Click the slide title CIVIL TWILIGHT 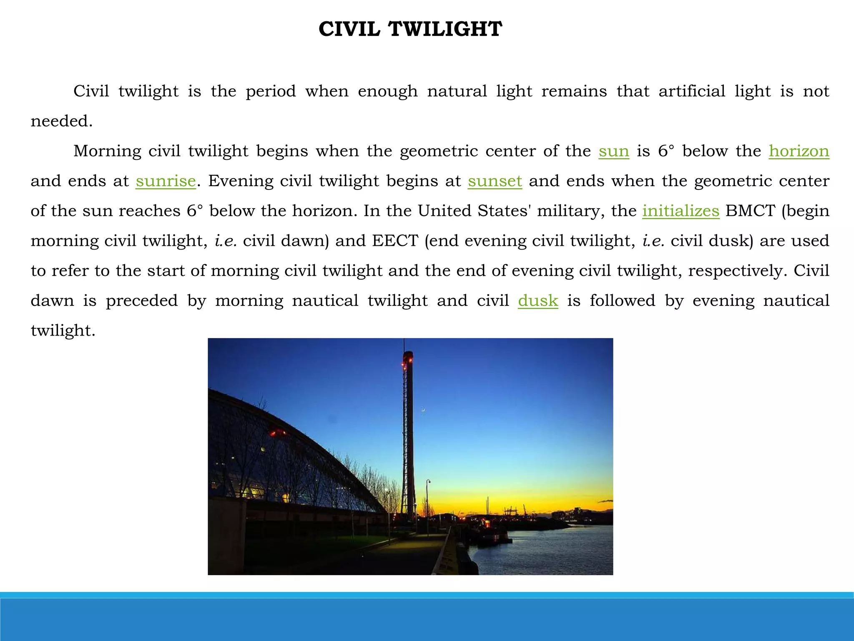pos(410,30)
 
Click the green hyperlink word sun pos(613,151)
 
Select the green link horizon pos(799,151)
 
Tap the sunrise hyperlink pos(166,181)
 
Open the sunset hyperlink pos(495,181)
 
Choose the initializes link pos(681,211)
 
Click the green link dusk pos(538,300)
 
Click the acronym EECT pos(395,241)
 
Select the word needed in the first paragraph pos(61,121)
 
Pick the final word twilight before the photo pos(63,331)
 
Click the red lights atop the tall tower pos(407,357)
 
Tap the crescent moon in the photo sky pos(424,411)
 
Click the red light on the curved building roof pos(277,432)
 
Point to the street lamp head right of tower pos(428,482)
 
